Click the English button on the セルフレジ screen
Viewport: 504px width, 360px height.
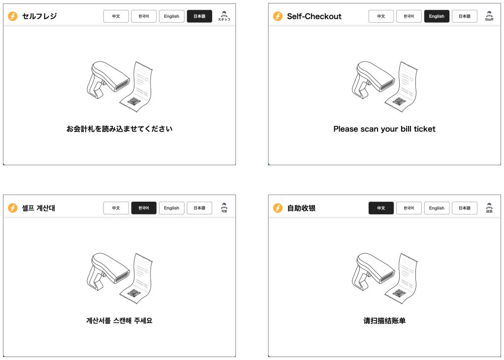coord(172,16)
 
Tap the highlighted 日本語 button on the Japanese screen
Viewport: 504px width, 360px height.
coord(199,16)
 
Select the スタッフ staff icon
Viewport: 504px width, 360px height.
coord(224,16)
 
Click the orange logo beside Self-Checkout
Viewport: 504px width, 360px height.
coord(278,16)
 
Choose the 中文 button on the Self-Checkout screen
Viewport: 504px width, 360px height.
coord(381,16)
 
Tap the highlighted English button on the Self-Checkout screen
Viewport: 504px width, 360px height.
coord(437,16)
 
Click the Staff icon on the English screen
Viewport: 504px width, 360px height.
coord(489,16)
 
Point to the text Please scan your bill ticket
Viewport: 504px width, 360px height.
coord(384,129)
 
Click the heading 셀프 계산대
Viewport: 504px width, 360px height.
coord(38,208)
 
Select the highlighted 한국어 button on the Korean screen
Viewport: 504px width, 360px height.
coord(144,208)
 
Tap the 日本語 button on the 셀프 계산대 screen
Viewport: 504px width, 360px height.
coord(199,208)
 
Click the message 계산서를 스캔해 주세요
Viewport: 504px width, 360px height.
coord(119,321)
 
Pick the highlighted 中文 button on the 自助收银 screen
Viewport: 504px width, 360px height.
coord(381,208)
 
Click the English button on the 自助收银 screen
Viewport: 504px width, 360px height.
coord(437,208)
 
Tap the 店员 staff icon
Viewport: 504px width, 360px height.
coord(489,208)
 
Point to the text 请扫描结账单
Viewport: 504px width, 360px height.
coord(384,321)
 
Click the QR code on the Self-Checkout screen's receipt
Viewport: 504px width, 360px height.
coord(399,102)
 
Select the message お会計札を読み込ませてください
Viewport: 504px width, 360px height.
coord(119,129)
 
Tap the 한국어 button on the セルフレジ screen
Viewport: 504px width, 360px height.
coord(144,16)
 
